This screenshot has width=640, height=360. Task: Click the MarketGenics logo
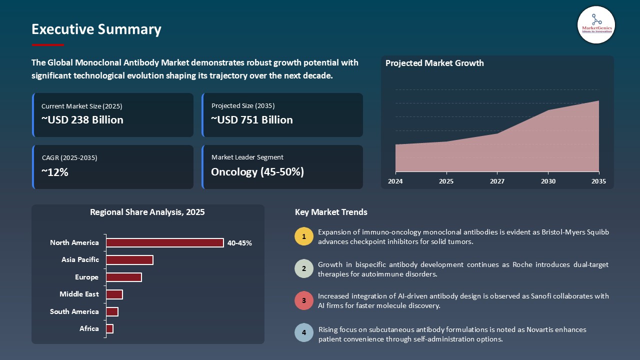(x=596, y=24)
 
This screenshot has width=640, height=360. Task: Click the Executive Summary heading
(x=96, y=29)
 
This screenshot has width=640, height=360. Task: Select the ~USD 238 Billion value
(x=82, y=120)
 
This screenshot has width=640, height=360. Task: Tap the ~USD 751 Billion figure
(x=252, y=120)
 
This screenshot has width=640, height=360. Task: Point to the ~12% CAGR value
(x=55, y=172)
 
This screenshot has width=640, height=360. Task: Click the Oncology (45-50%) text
(x=257, y=172)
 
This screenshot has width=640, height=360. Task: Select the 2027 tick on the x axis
(x=497, y=181)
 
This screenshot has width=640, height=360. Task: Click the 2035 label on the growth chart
(x=598, y=181)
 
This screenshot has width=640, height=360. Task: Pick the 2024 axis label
(x=395, y=181)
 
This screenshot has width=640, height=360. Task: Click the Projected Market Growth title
(x=434, y=63)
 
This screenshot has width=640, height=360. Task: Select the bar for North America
(x=165, y=242)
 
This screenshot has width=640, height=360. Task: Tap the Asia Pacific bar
(x=129, y=260)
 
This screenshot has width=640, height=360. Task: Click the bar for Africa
(x=110, y=328)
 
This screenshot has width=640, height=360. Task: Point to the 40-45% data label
(x=239, y=243)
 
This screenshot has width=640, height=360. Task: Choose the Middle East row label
(x=79, y=294)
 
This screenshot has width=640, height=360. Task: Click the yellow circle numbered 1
(x=304, y=236)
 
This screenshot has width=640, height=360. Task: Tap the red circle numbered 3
(x=304, y=300)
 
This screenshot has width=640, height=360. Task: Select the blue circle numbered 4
(x=304, y=333)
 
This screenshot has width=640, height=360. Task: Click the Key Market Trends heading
(x=331, y=212)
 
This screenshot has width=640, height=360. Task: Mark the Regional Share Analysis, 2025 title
(x=147, y=212)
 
